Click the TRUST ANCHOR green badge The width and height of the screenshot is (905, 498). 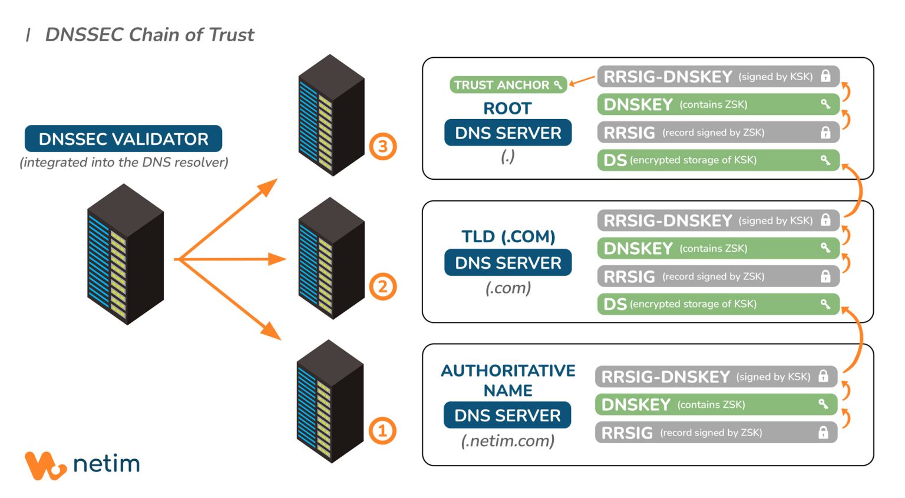tap(507, 85)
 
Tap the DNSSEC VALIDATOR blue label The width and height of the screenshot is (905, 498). tap(123, 139)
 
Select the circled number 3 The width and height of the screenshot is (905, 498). tap(383, 146)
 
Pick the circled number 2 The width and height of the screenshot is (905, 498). tap(383, 287)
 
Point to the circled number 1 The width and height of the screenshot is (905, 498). tap(382, 431)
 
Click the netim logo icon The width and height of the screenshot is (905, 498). tap(45, 466)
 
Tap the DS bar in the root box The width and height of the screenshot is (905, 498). tap(717, 160)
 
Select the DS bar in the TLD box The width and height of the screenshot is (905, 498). tap(717, 304)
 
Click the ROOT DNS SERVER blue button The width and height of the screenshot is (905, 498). tap(508, 133)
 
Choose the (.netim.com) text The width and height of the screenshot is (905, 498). tap(508, 441)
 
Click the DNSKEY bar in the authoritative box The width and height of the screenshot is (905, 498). tap(715, 405)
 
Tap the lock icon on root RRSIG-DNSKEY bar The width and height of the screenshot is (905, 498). tap(825, 76)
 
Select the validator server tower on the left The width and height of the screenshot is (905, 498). tap(125, 255)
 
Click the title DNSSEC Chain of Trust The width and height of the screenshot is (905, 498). tap(149, 35)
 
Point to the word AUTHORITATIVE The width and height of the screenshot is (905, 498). tap(508, 371)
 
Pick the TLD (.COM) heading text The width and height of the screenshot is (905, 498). tap(508, 237)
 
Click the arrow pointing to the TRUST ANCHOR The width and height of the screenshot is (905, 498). tap(582, 81)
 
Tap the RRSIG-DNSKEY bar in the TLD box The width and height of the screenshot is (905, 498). tap(717, 220)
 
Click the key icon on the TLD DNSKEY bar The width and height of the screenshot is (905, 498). tap(825, 248)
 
